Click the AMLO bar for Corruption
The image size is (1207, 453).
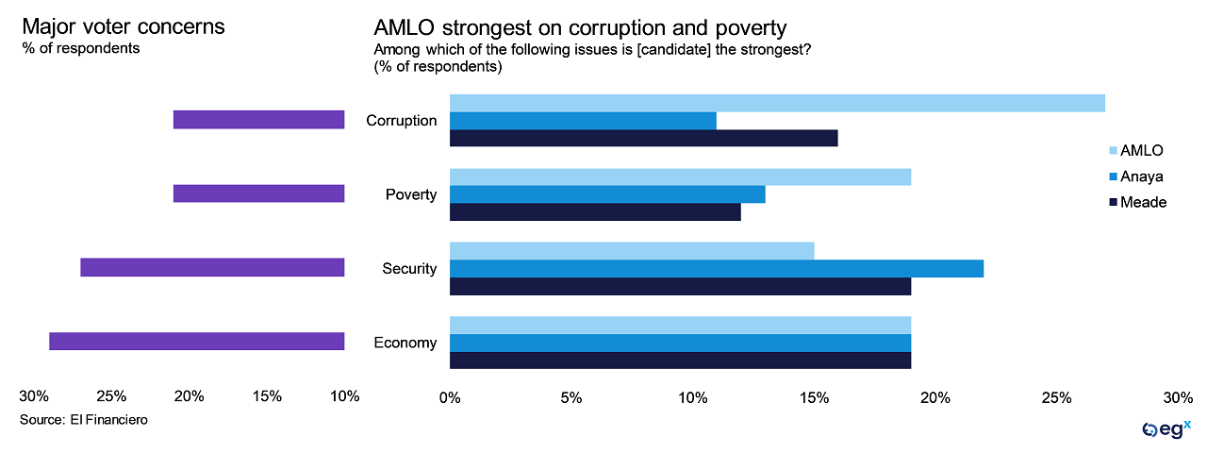coord(777,103)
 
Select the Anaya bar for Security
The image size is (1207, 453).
coord(717,268)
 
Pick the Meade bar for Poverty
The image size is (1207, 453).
coord(595,212)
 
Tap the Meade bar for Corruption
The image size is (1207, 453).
coord(643,139)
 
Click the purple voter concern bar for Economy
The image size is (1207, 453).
coord(196,342)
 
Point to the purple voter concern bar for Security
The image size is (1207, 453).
coord(212,268)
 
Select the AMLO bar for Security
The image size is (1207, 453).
coord(632,250)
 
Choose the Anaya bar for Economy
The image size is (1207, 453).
coord(680,342)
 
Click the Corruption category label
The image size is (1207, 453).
coord(401,121)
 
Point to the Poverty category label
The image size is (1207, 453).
coord(411,194)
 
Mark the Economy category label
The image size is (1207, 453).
coord(405,343)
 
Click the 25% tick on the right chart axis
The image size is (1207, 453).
coord(1057,397)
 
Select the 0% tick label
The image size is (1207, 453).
coord(450,397)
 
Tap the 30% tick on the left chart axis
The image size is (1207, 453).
coord(34,396)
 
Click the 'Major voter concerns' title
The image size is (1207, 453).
coord(124,26)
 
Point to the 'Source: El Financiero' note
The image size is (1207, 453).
coord(84,419)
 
